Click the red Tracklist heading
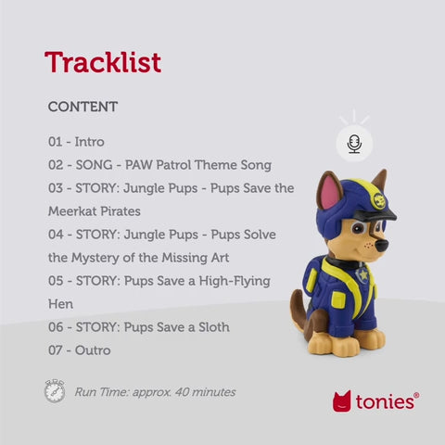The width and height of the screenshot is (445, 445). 103,62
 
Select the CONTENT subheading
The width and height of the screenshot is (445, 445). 83,107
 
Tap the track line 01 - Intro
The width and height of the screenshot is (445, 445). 76,142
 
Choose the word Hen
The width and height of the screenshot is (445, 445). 61,303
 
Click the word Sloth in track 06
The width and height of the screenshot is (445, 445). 210,326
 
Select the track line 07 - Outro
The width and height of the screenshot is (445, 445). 79,350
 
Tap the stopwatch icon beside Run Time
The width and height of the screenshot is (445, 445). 55,391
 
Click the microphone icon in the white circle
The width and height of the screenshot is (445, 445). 354,142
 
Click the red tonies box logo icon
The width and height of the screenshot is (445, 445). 341,401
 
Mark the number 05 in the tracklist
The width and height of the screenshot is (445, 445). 57,280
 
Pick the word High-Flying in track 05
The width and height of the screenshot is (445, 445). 233,280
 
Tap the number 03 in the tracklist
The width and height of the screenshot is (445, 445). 57,187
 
